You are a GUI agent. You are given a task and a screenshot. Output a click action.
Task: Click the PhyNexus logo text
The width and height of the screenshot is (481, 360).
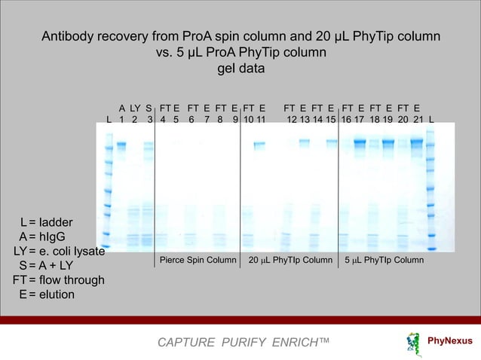[x=450, y=341]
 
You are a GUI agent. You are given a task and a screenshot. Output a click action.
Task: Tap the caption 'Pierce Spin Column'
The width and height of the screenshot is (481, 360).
[x=198, y=261]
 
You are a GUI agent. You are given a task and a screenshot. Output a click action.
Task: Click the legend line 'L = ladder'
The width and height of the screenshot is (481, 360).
[x=47, y=223]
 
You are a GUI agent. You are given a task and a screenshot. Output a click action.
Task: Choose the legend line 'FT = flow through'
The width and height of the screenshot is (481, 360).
[x=58, y=280]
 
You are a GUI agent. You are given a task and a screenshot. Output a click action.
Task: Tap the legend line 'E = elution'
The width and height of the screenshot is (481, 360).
[x=47, y=294]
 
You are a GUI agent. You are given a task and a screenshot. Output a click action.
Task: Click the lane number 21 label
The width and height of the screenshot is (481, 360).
[x=418, y=119]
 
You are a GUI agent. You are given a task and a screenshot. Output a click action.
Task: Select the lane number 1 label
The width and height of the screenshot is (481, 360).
[x=121, y=119]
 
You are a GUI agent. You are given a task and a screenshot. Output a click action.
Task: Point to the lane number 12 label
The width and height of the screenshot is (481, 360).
[x=292, y=119]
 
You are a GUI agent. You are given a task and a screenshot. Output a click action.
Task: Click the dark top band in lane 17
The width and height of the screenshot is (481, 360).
[x=360, y=142]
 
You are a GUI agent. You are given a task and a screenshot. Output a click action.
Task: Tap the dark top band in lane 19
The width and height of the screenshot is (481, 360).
[x=388, y=142]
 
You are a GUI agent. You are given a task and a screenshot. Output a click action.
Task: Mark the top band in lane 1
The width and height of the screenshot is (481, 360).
[x=121, y=144]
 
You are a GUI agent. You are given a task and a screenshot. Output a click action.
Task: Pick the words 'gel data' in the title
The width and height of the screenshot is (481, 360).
[x=240, y=69]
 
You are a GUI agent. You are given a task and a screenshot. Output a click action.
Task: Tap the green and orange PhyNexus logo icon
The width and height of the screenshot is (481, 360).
[x=412, y=342]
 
